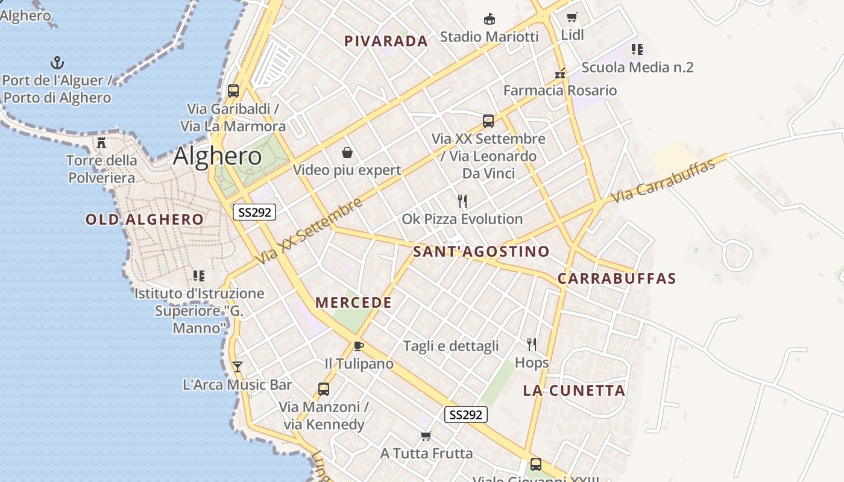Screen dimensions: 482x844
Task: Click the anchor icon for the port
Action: pos(57,63)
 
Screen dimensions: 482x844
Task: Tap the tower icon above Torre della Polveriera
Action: pos(101,143)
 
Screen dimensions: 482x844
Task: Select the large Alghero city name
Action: pos(217,157)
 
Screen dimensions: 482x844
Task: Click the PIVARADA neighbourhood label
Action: pos(386,41)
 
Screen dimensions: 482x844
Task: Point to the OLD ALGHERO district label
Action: pos(145,219)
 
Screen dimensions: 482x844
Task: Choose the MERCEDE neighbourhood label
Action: pos(353,302)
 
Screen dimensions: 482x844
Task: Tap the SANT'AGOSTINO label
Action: pos(481,251)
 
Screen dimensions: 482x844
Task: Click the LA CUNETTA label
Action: pos(574,390)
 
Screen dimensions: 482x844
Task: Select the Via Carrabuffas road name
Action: pos(663,180)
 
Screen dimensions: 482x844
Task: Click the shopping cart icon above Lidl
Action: pos(572,17)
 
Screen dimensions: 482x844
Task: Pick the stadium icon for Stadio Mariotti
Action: pos(490,19)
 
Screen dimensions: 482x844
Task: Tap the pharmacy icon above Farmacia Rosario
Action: pos(561,74)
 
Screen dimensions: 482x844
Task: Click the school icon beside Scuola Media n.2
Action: pos(637,49)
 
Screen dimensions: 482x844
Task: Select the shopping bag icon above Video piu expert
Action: pos(347,152)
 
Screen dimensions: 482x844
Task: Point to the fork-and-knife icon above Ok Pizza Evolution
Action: pos(462,201)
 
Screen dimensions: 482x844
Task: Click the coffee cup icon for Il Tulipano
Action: pos(359,346)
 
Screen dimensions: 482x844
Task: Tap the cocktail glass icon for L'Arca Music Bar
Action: pos(238,366)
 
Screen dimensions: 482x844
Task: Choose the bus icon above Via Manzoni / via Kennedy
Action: pos(324,389)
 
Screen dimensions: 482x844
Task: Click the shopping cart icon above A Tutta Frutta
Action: pos(426,435)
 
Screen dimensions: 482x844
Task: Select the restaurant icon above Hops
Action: pos(531,344)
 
